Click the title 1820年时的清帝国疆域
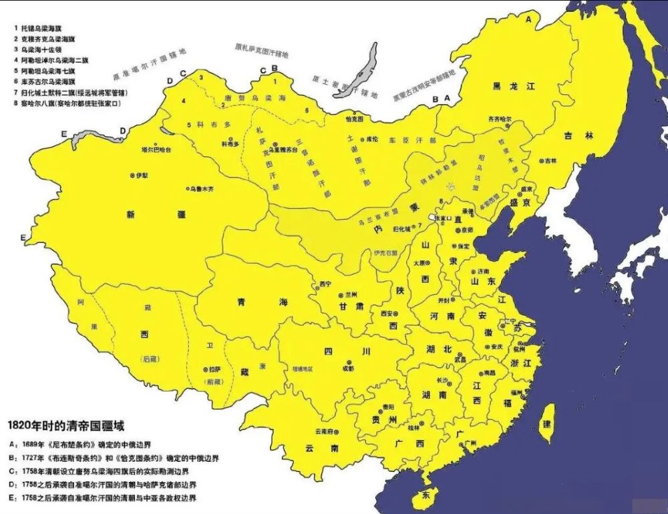65,425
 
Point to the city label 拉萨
214,369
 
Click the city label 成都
348,368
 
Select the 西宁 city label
325,284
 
